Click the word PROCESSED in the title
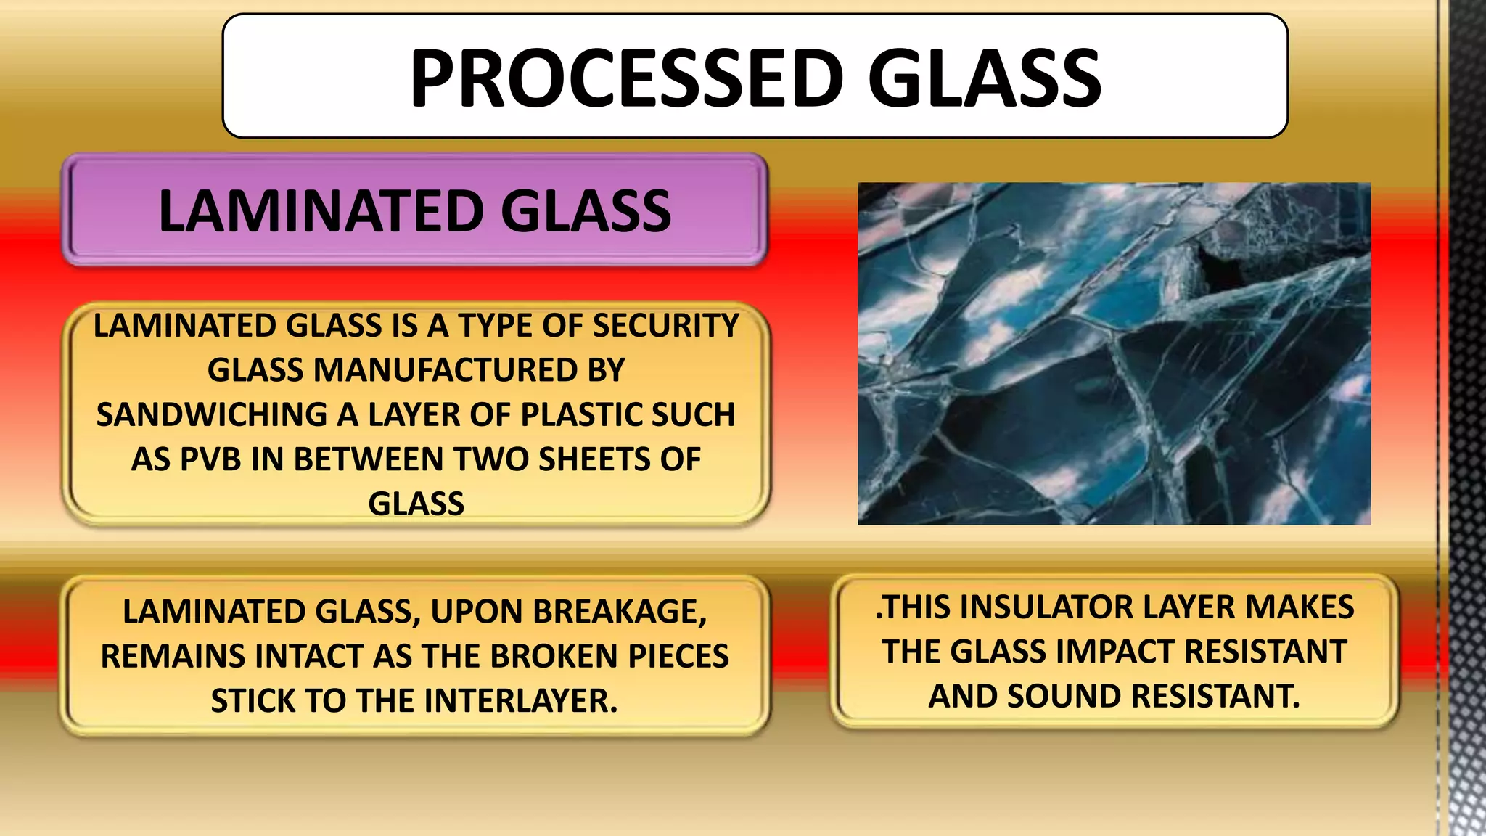point(627,78)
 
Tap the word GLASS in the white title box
point(985,78)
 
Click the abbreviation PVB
point(210,459)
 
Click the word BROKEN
point(554,656)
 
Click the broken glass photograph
point(1114,353)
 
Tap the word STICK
point(253,701)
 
